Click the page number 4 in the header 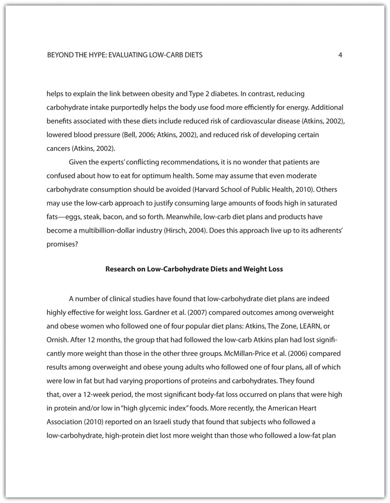(340, 55)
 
